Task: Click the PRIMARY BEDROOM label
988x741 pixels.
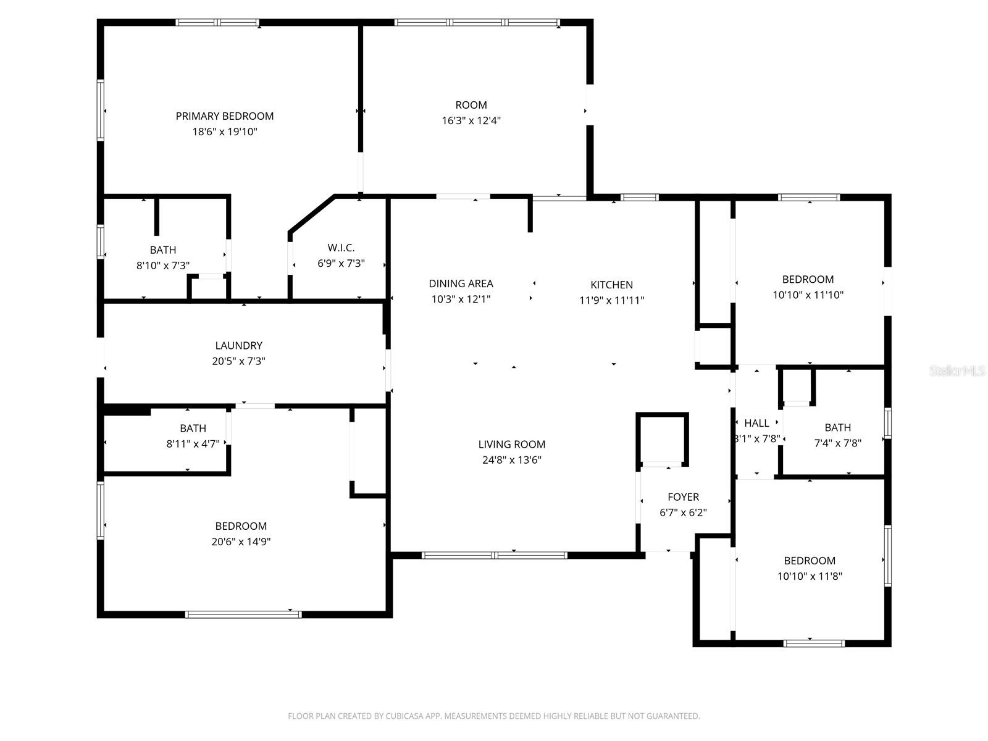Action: click(224, 116)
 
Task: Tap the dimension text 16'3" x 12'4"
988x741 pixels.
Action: click(471, 121)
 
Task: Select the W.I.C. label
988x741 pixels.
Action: click(341, 248)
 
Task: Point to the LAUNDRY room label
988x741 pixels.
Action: click(238, 346)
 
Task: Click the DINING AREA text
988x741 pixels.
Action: click(461, 283)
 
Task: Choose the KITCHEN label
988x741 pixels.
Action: click(611, 285)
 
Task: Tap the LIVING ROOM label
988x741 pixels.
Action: click(511, 444)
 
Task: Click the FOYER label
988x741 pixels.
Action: click(683, 497)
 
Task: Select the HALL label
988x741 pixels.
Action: click(756, 423)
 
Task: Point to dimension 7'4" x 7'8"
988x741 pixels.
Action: click(837, 443)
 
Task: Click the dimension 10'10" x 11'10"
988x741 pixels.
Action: click(808, 295)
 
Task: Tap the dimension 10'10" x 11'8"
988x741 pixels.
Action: click(810, 577)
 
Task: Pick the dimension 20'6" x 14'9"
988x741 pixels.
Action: click(241, 542)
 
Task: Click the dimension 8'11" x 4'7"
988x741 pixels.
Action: click(193, 443)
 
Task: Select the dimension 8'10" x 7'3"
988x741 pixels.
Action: click(162, 266)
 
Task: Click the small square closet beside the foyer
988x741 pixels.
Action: click(661, 438)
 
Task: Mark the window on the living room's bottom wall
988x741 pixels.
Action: click(494, 555)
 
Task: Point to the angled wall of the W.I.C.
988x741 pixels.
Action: click(311, 214)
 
